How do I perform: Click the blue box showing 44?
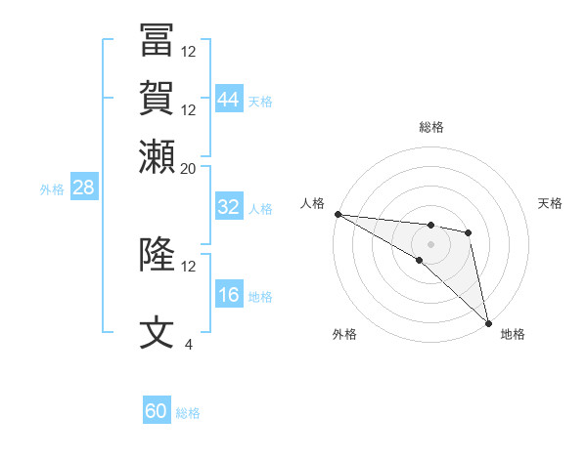tap(229, 101)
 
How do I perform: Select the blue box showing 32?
tap(229, 208)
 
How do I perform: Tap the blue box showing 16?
tap(229, 296)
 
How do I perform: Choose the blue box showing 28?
tap(83, 188)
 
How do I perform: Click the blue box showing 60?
tap(157, 411)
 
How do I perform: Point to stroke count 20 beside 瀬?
tap(189, 168)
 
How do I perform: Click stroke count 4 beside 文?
tap(189, 344)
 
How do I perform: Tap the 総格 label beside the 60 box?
tap(189, 413)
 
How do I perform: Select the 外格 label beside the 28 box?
tap(52, 189)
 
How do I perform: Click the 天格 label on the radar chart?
tap(551, 203)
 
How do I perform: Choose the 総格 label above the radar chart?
tap(431, 127)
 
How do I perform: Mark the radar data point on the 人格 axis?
tap(338, 214)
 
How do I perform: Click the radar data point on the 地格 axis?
tap(488, 323)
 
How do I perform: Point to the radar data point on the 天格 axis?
tap(469, 232)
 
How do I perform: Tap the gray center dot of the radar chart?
tap(430, 243)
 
